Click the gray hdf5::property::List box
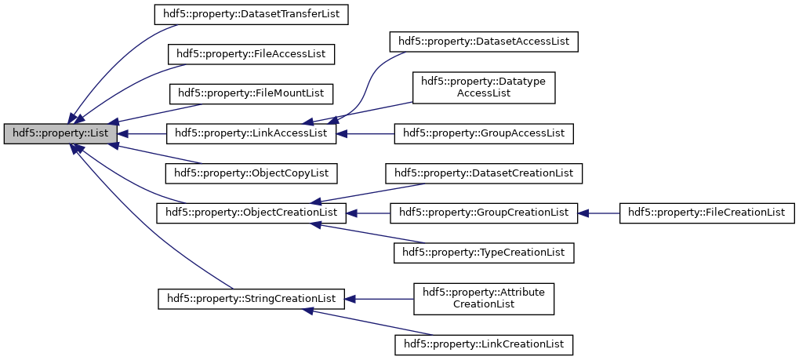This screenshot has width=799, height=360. tap(60, 133)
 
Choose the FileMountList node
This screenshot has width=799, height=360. tap(251, 93)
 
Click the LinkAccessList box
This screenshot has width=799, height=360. tap(251, 133)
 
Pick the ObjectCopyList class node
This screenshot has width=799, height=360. tap(251, 173)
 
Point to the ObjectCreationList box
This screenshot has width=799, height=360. tap(251, 213)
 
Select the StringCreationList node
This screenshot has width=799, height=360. tap(252, 299)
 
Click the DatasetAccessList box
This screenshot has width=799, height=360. tap(484, 41)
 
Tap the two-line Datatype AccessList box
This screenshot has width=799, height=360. tap(484, 86)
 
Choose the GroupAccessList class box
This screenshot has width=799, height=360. tap(484, 133)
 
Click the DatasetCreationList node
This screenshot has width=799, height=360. tap(484, 173)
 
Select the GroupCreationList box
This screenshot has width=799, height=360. tap(484, 213)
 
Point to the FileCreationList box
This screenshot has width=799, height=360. tap(706, 213)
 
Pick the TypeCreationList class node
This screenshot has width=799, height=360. tap(484, 252)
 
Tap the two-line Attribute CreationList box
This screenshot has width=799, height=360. tap(484, 298)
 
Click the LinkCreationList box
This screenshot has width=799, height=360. tap(484, 344)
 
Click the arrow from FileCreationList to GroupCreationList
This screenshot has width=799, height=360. tap(599, 213)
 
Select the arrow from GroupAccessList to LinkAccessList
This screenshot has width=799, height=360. tap(365, 133)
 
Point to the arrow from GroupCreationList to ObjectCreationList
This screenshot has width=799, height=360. tap(369, 213)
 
